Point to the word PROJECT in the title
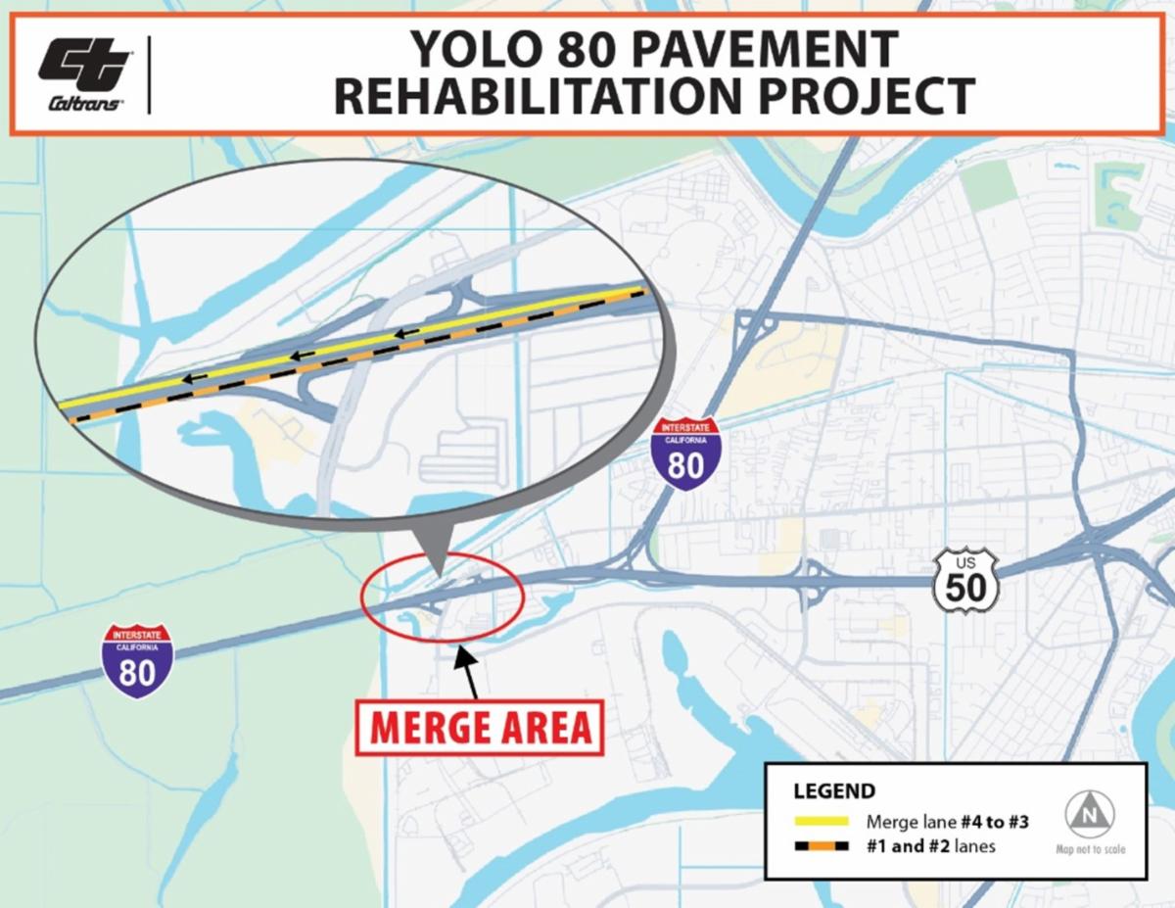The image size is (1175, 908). click(862, 96)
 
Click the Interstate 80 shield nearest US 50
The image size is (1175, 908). click(685, 454)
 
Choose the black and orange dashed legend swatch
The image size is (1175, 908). click(821, 845)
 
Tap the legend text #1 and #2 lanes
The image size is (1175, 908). click(930, 845)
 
